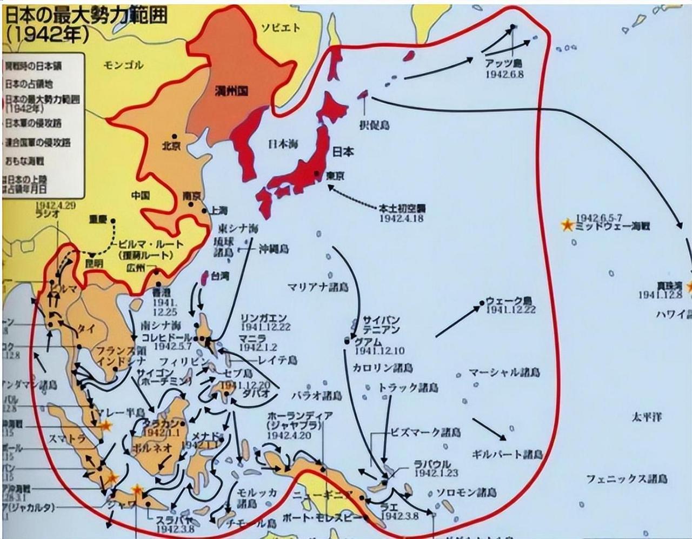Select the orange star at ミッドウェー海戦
[567, 225]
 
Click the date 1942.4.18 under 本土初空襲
[401, 218]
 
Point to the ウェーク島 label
[509, 300]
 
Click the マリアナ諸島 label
[318, 287]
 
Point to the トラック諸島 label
[408, 387]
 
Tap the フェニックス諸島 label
[627, 478]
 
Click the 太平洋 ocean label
[647, 416]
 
